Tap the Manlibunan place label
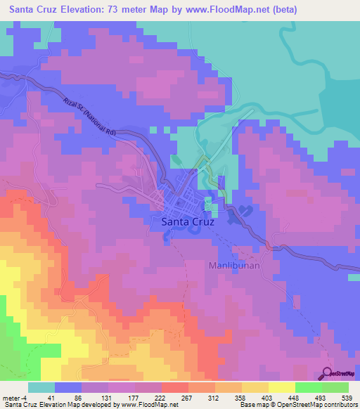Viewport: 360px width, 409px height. tap(236, 266)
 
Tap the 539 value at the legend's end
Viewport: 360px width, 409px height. tap(347, 397)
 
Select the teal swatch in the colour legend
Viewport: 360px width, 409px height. tap(41, 387)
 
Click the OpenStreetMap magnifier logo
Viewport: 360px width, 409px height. tap(328, 374)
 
